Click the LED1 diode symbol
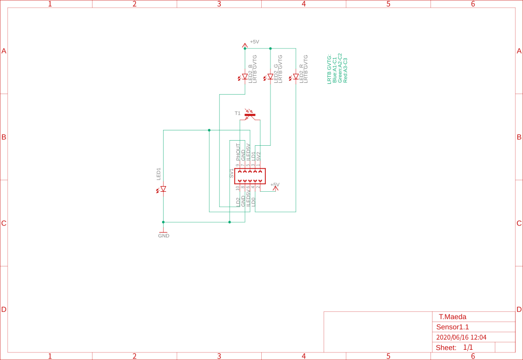pos(163,189)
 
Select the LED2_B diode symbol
pos(244,77)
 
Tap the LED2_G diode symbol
pos(270,77)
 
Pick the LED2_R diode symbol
pos(295,77)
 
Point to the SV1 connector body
pos(249,176)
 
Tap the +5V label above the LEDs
pos(254,42)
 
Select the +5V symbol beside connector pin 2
pos(275,187)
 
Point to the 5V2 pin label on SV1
pos(259,156)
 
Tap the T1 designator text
pos(237,113)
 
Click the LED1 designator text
pos(158,174)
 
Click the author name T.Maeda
pos(452,317)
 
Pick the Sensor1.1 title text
pos(452,327)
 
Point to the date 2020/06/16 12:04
pos(461,337)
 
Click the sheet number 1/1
pos(468,348)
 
